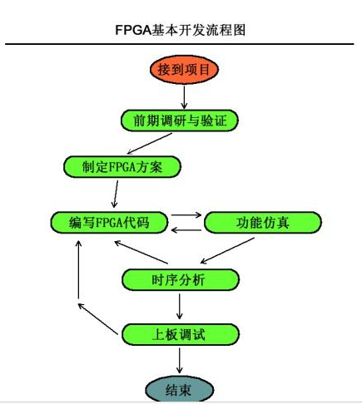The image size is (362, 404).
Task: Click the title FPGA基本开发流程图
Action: [x=181, y=30]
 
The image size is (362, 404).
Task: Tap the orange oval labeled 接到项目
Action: [x=184, y=70]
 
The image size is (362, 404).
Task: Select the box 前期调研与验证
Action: [x=180, y=121]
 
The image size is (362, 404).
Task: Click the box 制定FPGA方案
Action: [x=122, y=167]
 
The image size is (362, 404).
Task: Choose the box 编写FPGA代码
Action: [x=109, y=223]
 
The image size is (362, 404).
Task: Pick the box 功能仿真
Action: [x=263, y=223]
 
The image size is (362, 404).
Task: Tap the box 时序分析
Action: [x=181, y=279]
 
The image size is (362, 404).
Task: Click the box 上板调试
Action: [x=181, y=334]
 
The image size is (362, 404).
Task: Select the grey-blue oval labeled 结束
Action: [x=180, y=389]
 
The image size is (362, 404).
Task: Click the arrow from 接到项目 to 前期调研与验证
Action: [x=184, y=97]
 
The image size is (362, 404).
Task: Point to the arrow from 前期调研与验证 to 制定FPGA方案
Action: [x=149, y=144]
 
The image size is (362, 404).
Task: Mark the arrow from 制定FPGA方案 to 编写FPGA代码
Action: [x=115, y=195]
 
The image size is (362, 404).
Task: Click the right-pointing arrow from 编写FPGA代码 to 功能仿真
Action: [x=186, y=214]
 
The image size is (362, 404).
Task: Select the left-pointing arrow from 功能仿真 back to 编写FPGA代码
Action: [x=186, y=230]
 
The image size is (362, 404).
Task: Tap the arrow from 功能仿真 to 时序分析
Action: [x=227, y=250]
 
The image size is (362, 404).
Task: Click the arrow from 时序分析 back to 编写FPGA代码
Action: [x=141, y=252]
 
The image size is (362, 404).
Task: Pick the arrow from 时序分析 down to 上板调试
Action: [x=180, y=307]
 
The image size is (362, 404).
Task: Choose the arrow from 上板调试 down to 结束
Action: [x=180, y=361]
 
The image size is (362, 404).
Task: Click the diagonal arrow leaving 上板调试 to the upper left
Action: [x=98, y=318]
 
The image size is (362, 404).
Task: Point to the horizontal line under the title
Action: [x=180, y=44]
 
